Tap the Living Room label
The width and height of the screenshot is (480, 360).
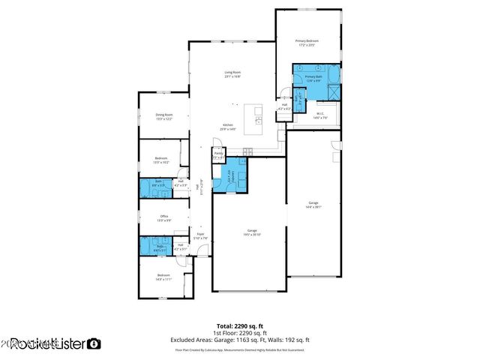click(x=232, y=74)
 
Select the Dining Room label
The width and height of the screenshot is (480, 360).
click(x=164, y=116)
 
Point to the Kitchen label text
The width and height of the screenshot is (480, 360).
click(x=228, y=127)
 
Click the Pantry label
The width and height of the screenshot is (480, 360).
click(x=218, y=157)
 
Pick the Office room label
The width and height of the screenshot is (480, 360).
click(x=164, y=218)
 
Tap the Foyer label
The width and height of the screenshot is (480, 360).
click(x=200, y=236)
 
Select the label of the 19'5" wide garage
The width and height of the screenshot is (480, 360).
click(x=253, y=232)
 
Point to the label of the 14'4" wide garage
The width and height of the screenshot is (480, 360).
click(x=313, y=205)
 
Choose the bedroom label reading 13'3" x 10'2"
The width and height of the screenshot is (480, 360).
click(x=161, y=160)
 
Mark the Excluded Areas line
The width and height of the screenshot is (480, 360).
click(x=240, y=340)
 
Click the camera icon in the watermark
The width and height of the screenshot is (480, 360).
click(x=94, y=343)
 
